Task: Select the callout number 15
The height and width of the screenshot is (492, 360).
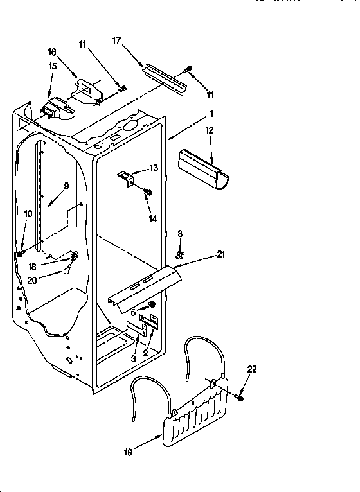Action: point(52,66)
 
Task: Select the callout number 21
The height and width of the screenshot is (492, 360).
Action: point(221,256)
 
